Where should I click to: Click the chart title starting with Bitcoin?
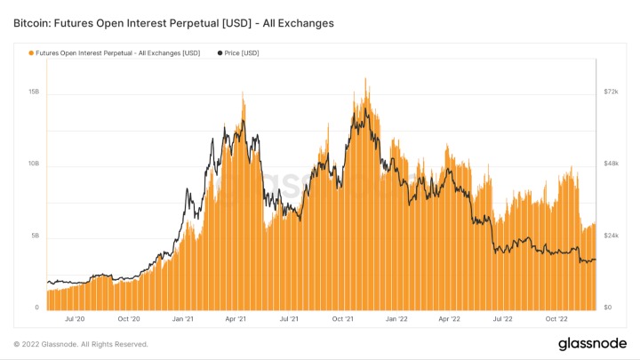pyautogui.click(x=173, y=23)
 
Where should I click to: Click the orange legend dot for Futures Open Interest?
pyautogui.click(x=32, y=53)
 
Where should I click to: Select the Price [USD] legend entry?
pyautogui.click(x=236, y=53)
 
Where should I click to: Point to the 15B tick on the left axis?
pyautogui.click(x=33, y=92)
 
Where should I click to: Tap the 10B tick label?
pyautogui.click(x=33, y=164)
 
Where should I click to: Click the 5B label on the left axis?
pyautogui.click(x=35, y=236)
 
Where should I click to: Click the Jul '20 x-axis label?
pyautogui.click(x=75, y=318)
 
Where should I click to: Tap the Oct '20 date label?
pyautogui.click(x=129, y=318)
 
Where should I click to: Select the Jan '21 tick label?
pyautogui.click(x=183, y=318)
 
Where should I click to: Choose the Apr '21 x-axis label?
pyautogui.click(x=236, y=318)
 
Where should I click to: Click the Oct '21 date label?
pyautogui.click(x=343, y=318)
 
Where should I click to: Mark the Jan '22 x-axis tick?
pyautogui.click(x=396, y=318)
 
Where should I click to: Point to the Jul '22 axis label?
pyautogui.click(x=503, y=318)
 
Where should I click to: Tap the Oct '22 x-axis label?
pyautogui.click(x=557, y=318)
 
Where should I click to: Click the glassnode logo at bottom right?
pyautogui.click(x=591, y=343)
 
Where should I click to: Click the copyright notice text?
pyautogui.click(x=81, y=344)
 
